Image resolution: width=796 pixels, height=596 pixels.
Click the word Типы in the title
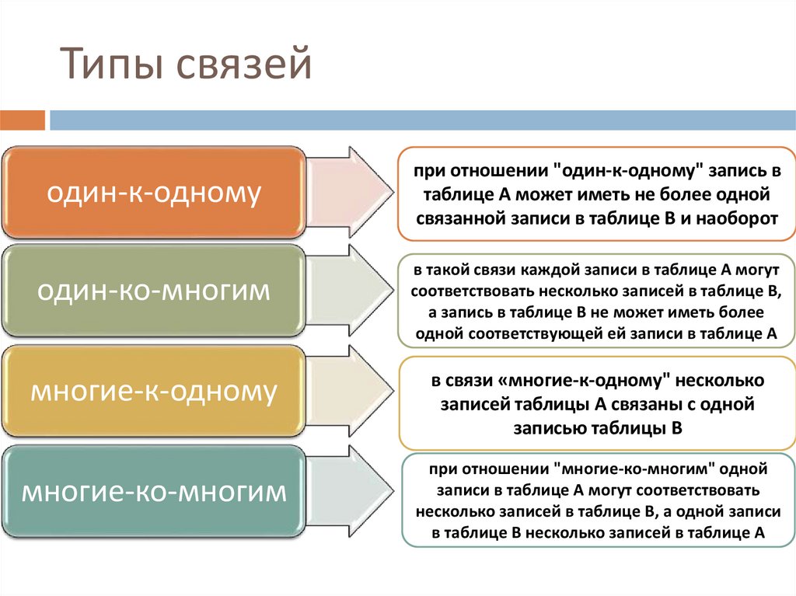113,63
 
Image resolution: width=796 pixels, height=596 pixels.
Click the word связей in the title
244,63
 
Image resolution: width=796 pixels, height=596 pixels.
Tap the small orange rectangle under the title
23,120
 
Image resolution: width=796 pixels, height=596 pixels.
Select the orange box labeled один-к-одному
154,193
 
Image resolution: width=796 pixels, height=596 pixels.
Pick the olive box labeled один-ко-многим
154,291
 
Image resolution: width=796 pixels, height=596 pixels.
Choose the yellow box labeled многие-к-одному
154,390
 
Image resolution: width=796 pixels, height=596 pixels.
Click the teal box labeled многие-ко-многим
154,491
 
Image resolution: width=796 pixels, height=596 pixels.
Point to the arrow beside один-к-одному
351,193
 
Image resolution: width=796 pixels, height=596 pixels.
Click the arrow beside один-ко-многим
351,291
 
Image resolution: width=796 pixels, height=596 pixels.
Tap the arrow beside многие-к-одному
351,390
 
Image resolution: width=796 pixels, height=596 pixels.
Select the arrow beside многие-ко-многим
351,491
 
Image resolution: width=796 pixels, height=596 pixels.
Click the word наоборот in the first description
737,218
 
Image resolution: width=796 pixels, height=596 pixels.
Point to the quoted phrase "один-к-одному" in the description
630,171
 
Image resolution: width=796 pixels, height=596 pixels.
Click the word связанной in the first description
460,218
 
